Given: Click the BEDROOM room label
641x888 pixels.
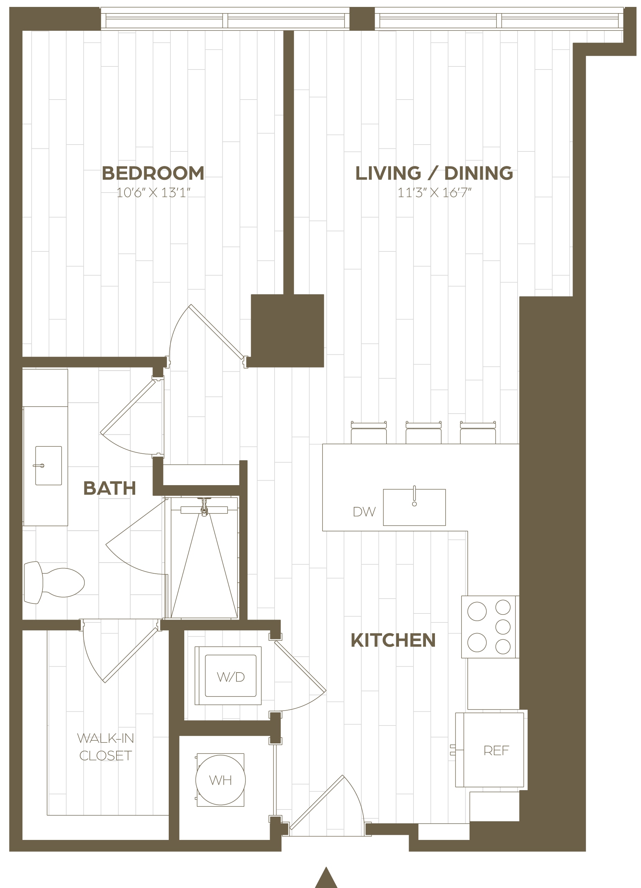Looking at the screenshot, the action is click(153, 173).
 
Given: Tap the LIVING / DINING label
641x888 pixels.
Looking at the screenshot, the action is click(434, 173).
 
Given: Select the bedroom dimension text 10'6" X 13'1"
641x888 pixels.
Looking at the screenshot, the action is click(153, 193).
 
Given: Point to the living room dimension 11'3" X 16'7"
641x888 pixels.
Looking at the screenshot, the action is click(434, 193).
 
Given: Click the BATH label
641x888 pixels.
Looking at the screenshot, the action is click(110, 488).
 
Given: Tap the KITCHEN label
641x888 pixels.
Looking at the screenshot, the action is click(393, 640).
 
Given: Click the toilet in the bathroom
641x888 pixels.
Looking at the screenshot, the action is click(54, 583).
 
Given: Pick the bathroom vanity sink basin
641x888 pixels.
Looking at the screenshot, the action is click(48, 465).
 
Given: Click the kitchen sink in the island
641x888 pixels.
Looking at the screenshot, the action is click(414, 507).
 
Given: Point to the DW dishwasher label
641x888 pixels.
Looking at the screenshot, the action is click(364, 512).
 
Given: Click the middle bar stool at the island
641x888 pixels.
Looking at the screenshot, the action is click(423, 433).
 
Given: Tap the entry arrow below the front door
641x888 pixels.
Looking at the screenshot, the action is click(326, 878).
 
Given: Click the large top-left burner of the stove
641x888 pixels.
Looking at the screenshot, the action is click(477, 611).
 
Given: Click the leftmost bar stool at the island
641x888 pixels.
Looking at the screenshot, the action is click(369, 433).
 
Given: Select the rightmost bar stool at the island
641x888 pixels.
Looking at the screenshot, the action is click(478, 433).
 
